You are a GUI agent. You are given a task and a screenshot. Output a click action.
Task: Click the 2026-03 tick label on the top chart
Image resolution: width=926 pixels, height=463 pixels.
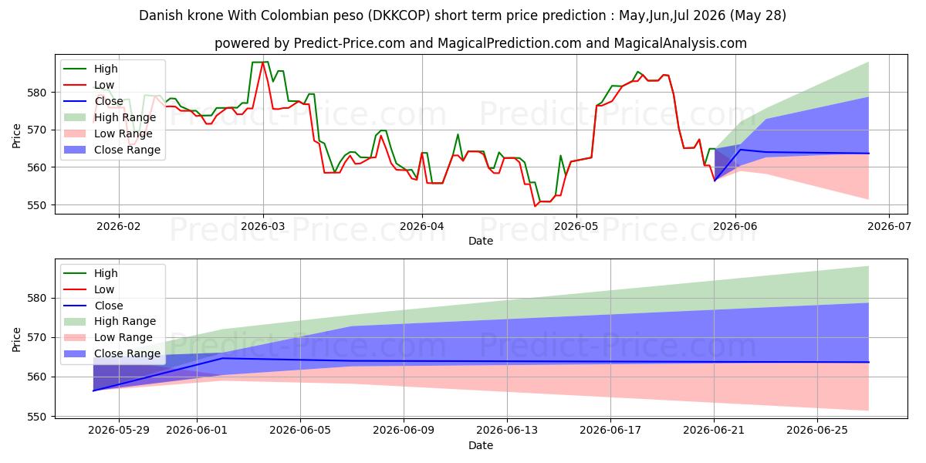[x=263, y=227]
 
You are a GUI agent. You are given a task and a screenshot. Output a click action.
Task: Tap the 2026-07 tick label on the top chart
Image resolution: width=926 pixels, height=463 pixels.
[x=889, y=227]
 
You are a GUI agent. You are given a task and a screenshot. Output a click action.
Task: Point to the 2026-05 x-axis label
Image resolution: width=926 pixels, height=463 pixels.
[x=576, y=227]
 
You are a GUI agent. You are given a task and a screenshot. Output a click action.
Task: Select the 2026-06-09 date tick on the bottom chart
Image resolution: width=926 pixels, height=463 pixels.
[x=404, y=431]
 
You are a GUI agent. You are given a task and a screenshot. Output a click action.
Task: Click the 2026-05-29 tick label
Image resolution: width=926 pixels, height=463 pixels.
[x=119, y=431]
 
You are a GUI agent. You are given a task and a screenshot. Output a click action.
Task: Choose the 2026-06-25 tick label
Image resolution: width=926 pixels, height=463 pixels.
[x=817, y=431]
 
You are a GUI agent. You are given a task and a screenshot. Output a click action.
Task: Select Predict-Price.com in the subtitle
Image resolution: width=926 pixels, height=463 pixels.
[x=349, y=43]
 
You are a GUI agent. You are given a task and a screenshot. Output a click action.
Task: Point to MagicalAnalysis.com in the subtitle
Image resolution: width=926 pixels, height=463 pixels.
[x=680, y=43]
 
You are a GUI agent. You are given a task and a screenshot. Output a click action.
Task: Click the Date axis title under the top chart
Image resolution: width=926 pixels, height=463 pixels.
[x=480, y=241]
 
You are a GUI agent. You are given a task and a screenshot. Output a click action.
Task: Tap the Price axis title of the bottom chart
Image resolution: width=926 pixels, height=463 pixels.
[x=16, y=340]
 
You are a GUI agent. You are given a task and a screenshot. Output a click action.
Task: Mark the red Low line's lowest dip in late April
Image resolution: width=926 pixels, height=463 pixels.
[x=535, y=206]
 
